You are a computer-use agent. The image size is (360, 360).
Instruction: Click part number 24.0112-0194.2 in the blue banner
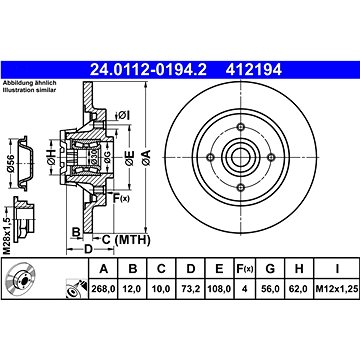click(x=148, y=70)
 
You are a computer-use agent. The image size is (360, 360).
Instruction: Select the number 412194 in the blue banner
click(x=254, y=70)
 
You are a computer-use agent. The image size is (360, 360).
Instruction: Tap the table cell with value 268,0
click(x=103, y=289)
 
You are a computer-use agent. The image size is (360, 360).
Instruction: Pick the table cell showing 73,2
click(x=190, y=289)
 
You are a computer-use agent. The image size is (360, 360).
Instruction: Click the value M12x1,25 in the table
click(x=337, y=289)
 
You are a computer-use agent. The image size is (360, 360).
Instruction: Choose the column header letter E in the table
click(x=219, y=268)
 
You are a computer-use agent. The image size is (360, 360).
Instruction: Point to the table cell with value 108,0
click(x=219, y=289)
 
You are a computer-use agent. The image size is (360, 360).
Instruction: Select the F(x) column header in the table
click(x=244, y=268)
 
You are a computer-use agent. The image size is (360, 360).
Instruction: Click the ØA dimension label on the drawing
click(x=146, y=158)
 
